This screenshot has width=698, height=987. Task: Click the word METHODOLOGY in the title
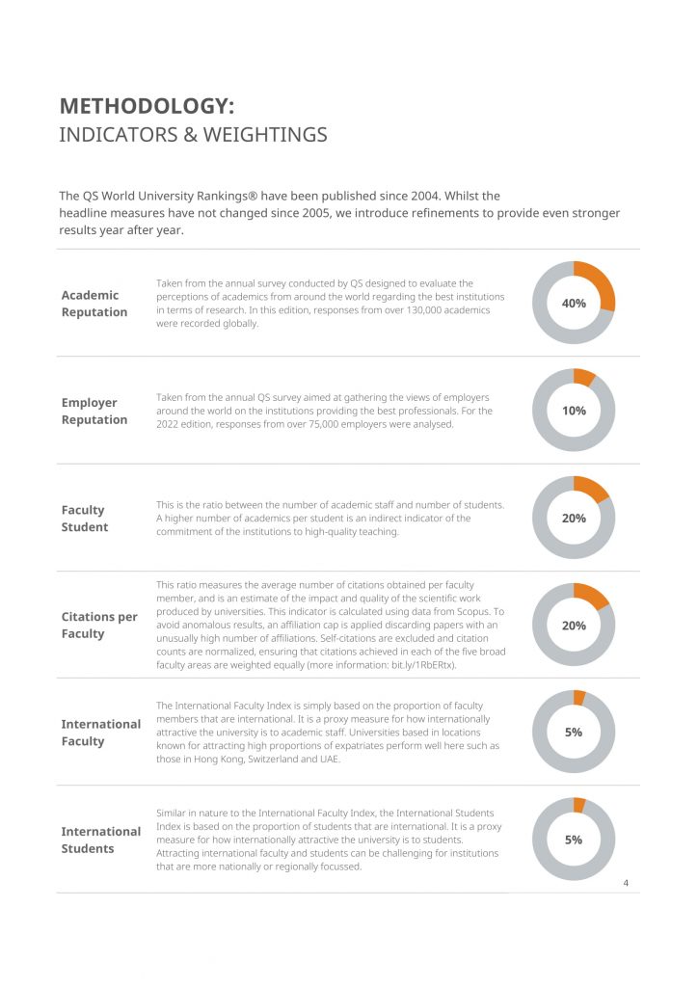144,106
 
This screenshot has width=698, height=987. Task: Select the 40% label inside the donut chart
574,304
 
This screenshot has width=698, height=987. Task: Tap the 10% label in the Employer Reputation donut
574,411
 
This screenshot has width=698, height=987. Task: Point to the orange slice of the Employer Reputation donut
583,377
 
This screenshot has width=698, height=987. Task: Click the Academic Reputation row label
94,304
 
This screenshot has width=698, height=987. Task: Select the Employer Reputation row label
94,411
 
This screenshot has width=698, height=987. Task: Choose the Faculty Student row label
84,519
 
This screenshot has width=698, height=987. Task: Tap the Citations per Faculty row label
98,625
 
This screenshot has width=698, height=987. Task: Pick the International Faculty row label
100,733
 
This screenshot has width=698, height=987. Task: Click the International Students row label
100,840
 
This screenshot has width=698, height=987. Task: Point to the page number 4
626,883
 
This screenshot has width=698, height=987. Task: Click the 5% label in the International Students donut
574,840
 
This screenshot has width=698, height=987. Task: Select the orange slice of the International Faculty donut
579,698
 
